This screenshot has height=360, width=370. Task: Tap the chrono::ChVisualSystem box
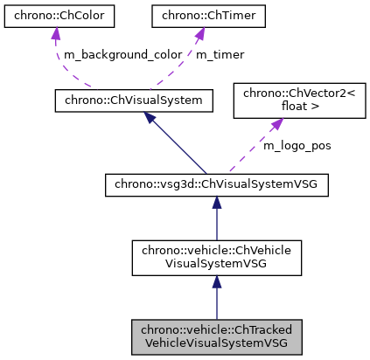134,100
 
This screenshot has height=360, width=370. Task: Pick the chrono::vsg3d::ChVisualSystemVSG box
216,185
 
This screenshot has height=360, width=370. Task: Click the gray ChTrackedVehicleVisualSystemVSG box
216,336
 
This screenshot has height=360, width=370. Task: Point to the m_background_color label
121,54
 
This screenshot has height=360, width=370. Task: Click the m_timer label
219,54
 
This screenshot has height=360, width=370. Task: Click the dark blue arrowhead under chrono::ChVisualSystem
150,118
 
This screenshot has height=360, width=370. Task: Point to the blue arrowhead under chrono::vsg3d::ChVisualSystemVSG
216,203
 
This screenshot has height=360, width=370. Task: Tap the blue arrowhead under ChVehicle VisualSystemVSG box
216,278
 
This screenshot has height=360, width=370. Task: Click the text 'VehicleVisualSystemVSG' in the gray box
216,343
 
